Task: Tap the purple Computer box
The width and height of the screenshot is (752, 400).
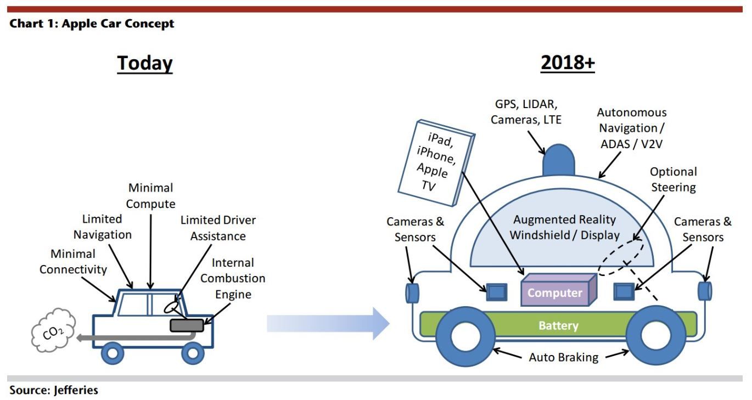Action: (554, 291)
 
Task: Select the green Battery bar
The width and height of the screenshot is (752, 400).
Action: (558, 325)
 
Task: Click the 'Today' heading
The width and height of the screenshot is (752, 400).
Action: (144, 63)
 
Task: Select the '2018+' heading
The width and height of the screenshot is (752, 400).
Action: (568, 63)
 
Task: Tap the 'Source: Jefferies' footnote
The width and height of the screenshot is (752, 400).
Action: (54, 390)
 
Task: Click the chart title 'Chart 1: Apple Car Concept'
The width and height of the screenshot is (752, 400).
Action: (92, 24)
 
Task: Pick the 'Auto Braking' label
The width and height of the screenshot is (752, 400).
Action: (563, 357)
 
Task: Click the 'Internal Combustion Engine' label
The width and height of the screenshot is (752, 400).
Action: (233, 278)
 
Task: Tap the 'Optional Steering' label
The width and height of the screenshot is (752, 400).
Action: (673, 179)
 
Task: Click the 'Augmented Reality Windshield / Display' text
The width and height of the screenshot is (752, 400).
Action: (564, 227)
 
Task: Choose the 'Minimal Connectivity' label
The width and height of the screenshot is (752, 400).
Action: (73, 262)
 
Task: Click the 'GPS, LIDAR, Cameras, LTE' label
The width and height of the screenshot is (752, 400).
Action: (526, 112)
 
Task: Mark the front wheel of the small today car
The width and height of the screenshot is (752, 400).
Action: (193, 353)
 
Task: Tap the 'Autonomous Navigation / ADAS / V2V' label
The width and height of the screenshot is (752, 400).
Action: (631, 128)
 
